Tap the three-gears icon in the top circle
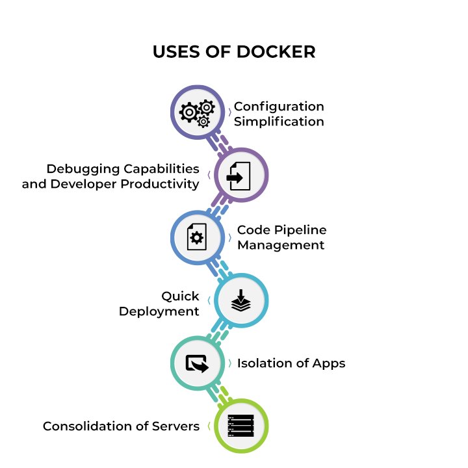pos(197,113)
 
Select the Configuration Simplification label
pos(279,114)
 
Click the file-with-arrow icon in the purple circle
pos(240,175)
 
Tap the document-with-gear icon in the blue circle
pos(197,237)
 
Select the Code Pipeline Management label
pos(281,237)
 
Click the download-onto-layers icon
pos(240,300)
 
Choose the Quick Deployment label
pos(159,304)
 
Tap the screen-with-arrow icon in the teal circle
pos(197,363)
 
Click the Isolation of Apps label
pos(291,363)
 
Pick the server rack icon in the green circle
pos(240,426)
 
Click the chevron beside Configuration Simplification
pos(229,113)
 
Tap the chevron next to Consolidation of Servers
pos(208,426)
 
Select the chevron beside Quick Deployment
pos(208,300)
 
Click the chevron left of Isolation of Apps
pos(229,363)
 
